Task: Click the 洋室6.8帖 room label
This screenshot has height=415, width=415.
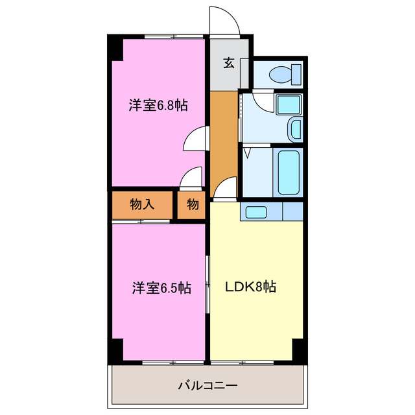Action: tap(158, 106)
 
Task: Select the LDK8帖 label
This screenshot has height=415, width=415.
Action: tap(251, 287)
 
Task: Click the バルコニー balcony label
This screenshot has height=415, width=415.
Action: tap(207, 385)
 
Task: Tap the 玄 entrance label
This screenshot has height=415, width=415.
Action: tap(229, 63)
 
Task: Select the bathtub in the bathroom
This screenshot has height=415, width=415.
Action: tap(288, 172)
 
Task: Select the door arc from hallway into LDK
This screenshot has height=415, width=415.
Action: tap(223, 189)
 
